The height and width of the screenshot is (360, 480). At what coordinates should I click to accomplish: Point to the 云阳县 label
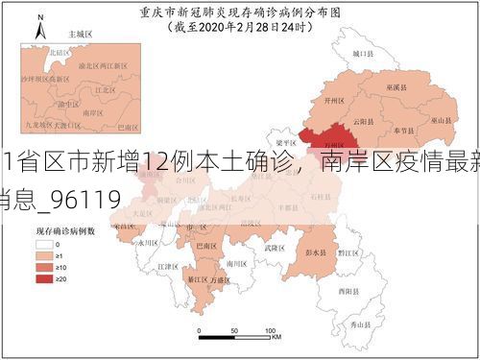361,122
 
